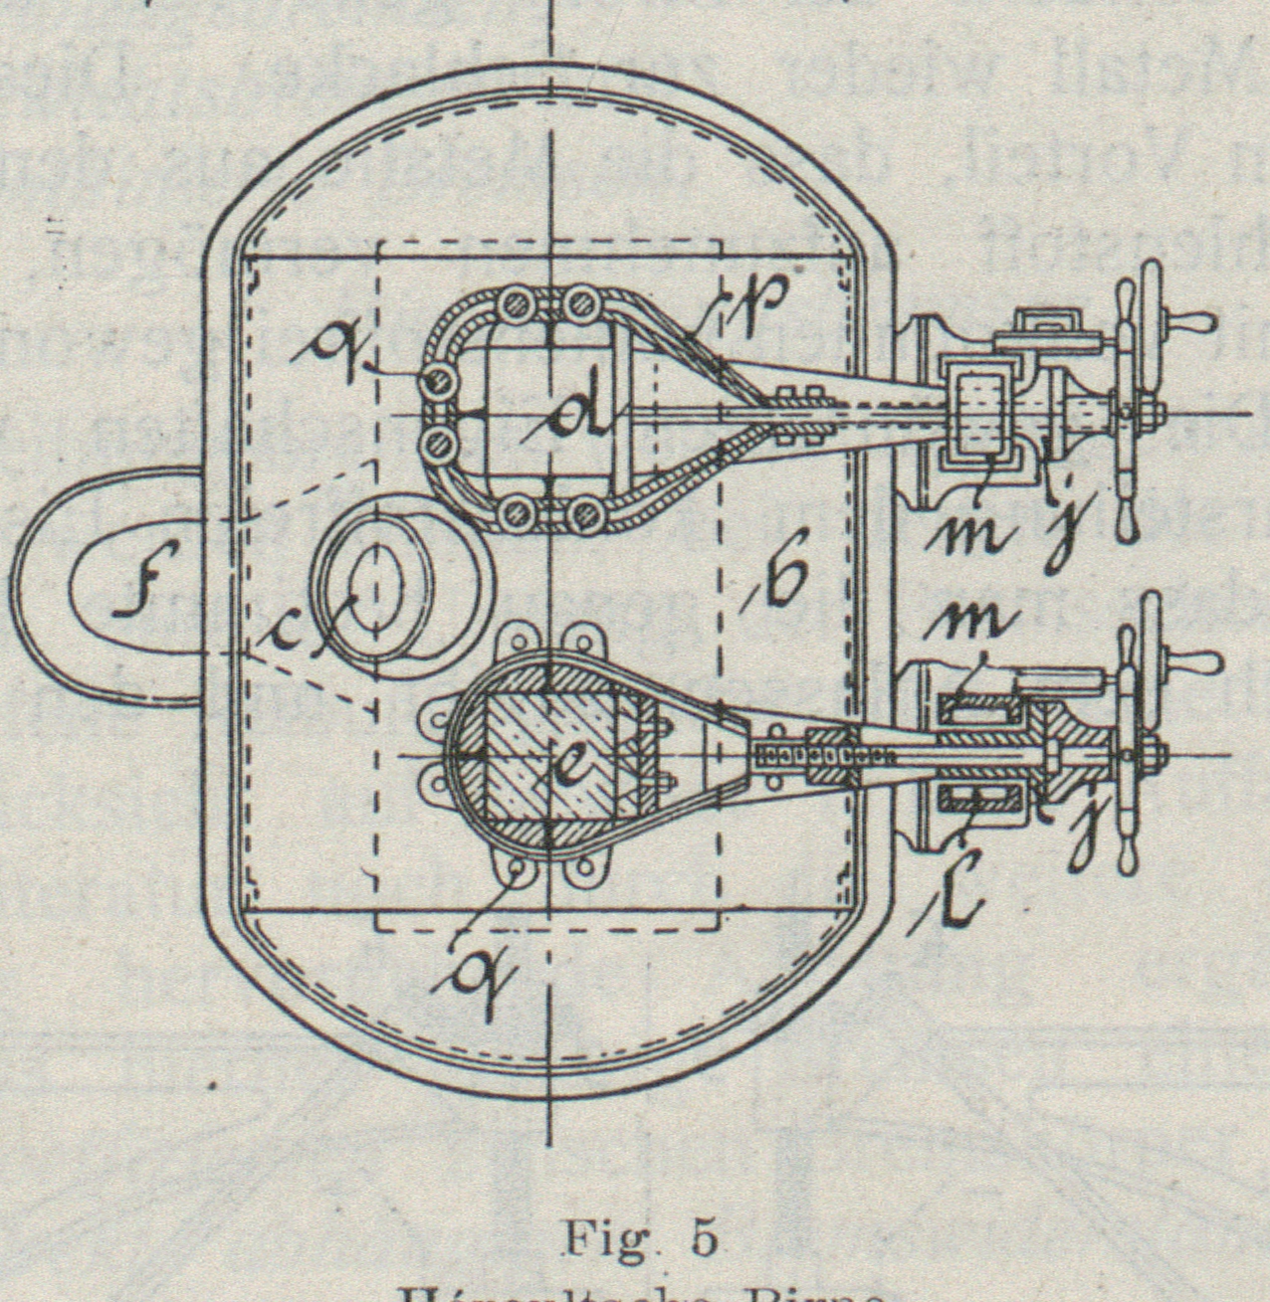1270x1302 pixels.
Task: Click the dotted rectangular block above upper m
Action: (981, 411)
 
